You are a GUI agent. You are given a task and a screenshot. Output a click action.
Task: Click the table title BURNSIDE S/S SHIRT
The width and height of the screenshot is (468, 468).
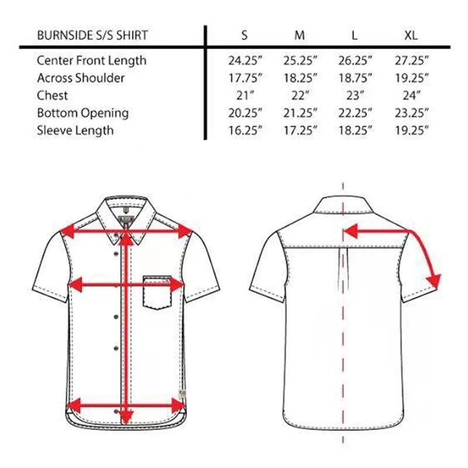(92, 36)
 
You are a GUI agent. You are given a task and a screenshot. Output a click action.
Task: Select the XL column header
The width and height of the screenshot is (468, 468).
(411, 36)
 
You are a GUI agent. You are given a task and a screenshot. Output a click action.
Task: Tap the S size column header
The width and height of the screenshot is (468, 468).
(245, 36)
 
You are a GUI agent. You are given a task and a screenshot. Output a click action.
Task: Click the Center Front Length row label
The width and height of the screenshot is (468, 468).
(91, 61)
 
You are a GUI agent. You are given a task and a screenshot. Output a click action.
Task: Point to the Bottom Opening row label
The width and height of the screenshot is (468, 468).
(82, 113)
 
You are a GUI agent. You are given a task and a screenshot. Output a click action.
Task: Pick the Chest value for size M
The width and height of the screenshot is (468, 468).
(300, 96)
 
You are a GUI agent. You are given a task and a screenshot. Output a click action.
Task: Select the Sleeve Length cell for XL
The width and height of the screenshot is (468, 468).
(411, 130)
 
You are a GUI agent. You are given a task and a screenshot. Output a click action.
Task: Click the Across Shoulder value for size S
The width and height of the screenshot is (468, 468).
(245, 78)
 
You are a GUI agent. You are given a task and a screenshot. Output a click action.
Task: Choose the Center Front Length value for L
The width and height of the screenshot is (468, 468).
(355, 61)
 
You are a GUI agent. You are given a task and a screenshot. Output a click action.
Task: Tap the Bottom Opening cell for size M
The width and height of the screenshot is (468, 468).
(300, 113)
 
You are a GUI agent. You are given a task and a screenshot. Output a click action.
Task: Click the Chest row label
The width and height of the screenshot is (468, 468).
(52, 96)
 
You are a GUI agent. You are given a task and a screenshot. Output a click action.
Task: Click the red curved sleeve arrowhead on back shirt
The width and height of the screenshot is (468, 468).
(433, 281)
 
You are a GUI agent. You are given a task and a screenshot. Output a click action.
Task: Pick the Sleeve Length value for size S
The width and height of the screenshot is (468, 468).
(245, 130)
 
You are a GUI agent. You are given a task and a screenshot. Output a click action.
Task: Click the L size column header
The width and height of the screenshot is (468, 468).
(355, 36)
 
